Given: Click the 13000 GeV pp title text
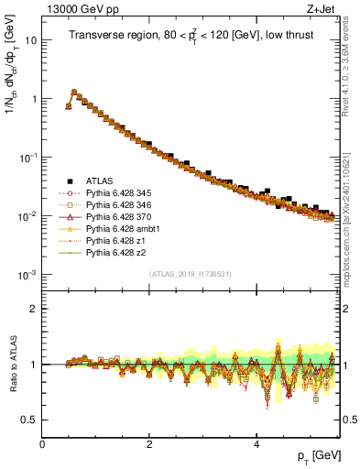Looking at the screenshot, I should click(x=76, y=10).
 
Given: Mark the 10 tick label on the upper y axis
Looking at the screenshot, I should click(x=30, y=40).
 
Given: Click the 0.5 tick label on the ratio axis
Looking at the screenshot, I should click(x=28, y=420).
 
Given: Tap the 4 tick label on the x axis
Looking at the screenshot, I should click(x=256, y=442).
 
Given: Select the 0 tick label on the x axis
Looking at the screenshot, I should click(x=42, y=442).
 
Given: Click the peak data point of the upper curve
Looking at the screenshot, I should click(x=74, y=93).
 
